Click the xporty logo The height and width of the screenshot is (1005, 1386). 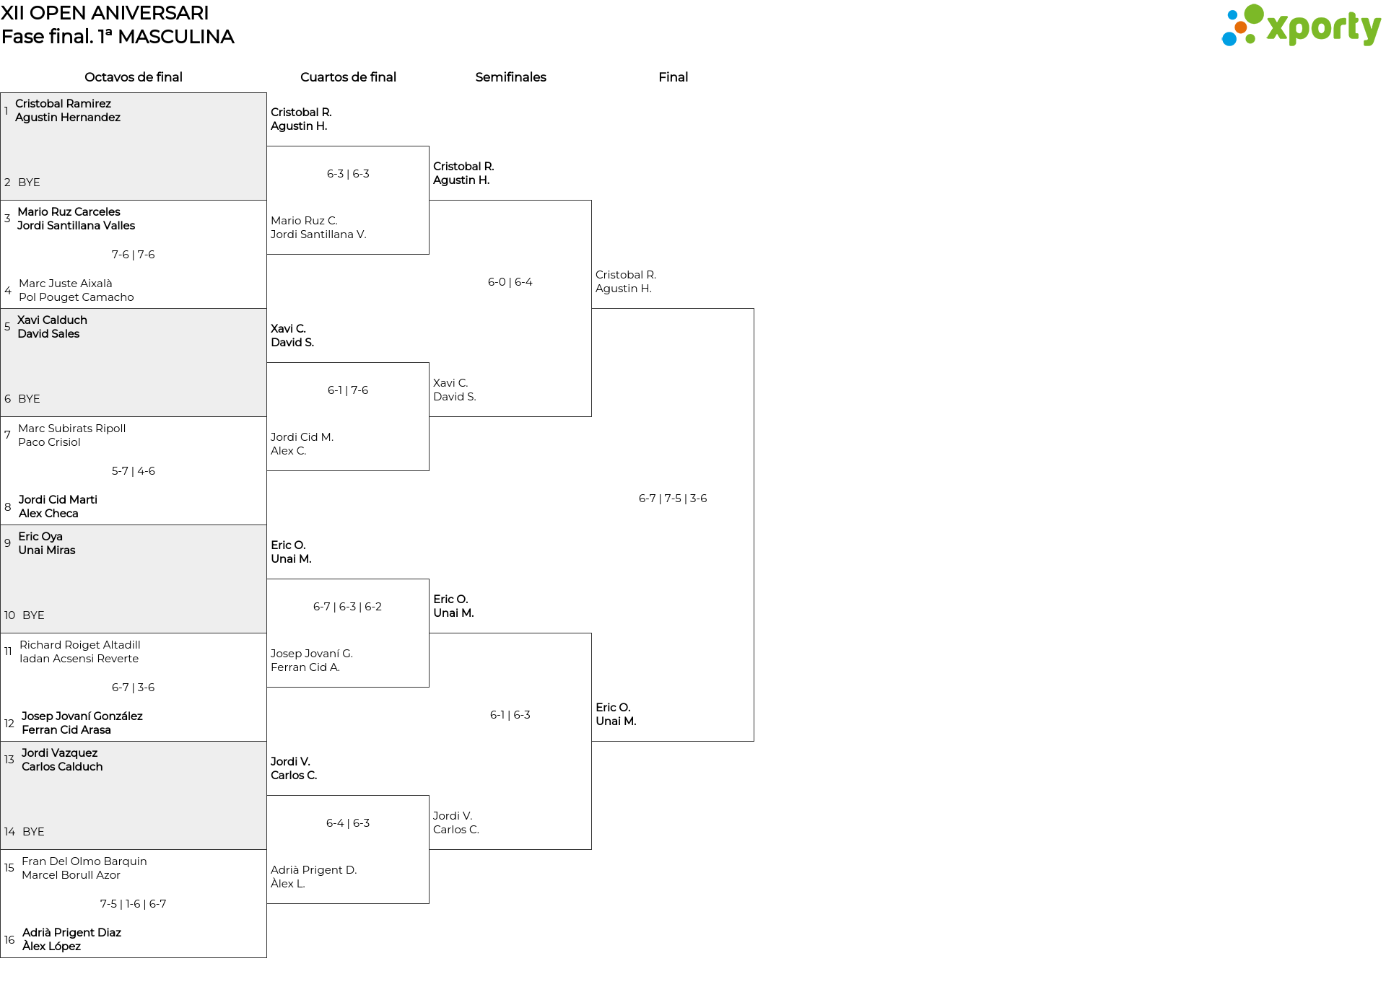[x=1301, y=26]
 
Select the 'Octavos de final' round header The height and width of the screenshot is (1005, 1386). [x=134, y=77]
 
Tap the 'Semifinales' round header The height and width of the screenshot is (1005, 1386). [x=510, y=77]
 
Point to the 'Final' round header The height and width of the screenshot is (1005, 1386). [x=673, y=77]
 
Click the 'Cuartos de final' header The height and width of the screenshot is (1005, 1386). [x=348, y=77]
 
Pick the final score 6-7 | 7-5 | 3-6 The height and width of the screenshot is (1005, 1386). [x=673, y=499]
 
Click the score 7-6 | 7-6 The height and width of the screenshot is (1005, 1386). [x=134, y=255]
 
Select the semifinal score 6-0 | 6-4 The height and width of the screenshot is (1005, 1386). [x=510, y=282]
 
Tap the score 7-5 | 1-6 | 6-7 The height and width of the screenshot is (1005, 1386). [x=134, y=904]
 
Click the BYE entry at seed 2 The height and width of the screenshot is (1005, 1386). [x=29, y=183]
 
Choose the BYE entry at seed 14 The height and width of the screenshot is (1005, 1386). [x=33, y=832]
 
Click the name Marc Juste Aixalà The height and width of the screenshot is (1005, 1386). [x=66, y=284]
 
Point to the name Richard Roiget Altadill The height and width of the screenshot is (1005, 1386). [x=80, y=645]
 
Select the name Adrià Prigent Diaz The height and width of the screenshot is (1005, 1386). [x=71, y=933]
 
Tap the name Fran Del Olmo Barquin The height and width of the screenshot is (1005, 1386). [x=84, y=861]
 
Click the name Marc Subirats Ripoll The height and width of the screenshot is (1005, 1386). [x=72, y=429]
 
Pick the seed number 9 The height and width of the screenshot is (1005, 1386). [x=7, y=543]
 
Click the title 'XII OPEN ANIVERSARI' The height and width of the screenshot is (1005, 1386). [x=105, y=13]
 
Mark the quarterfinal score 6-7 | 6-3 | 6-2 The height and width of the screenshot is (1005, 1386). [x=348, y=607]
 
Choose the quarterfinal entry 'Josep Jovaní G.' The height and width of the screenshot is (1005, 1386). [x=312, y=654]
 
